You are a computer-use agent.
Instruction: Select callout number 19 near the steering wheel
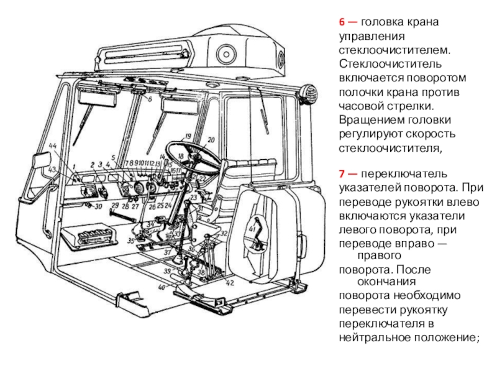[187, 136]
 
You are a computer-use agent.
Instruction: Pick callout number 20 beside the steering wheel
[211, 140]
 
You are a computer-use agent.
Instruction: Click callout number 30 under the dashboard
[98, 206]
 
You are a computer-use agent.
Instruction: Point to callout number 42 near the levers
[230, 283]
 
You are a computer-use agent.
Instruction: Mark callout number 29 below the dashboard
[114, 205]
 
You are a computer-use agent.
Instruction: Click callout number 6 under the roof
[150, 99]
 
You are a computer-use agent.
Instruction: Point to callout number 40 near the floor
[162, 287]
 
